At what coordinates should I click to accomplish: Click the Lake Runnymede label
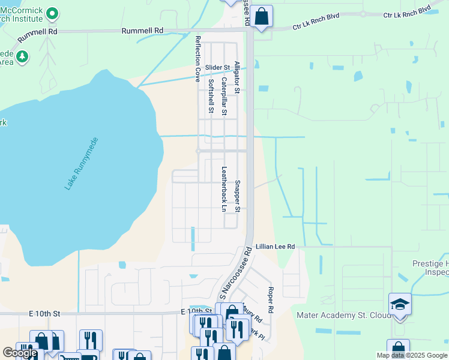pos(81,164)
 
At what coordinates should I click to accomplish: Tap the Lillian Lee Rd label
pos(275,247)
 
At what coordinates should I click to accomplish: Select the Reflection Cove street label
pos(197,58)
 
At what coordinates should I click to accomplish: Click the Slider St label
pos(217,67)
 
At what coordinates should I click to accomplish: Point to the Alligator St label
pos(237,77)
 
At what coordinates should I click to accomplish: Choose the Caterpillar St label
pos(224,96)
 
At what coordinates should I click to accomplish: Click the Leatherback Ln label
pos(224,189)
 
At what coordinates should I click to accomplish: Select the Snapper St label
pos(237,196)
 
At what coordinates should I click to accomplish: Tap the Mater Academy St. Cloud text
pos(340,314)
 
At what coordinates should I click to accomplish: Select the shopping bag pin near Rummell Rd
pos(262,16)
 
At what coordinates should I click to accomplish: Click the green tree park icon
pos(22,56)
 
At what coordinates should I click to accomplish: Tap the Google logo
pos(20,353)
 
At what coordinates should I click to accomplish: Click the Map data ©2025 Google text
pos(411,355)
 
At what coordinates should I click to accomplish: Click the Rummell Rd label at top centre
pos(142,30)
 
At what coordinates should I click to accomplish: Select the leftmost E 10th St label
pos(44,313)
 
